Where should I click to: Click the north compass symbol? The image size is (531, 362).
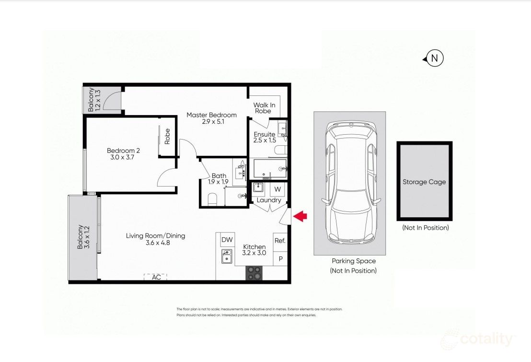coord(434,58)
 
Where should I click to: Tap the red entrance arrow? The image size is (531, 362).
coord(300,217)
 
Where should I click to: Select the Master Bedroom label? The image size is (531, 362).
coord(211,115)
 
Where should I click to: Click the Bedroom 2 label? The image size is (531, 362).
coord(123,151)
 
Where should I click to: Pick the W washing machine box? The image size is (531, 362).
coord(277,189)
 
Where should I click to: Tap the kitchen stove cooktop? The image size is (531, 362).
coord(254,273)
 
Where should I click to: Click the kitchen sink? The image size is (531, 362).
coord(227,257)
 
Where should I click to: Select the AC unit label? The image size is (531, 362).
coord(156,277)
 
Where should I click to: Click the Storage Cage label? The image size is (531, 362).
coord(424,182)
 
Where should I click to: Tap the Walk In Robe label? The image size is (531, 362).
coord(264,108)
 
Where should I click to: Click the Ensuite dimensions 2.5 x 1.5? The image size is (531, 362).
coord(265,140)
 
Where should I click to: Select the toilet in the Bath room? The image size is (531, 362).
coord(212,199)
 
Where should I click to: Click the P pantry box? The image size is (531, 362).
coord(279,259)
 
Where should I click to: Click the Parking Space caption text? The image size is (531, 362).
coord(353,261)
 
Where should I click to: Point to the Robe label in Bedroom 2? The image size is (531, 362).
coord(167,136)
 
